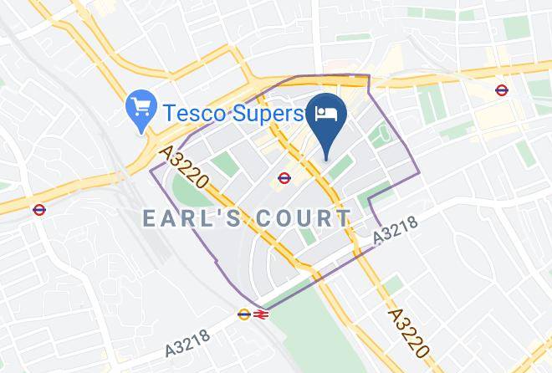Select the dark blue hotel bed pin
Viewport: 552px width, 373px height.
(325, 118)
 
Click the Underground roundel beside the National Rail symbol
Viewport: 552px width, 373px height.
(243, 314)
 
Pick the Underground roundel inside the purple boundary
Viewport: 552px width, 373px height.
(284, 177)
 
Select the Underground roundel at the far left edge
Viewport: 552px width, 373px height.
(38, 209)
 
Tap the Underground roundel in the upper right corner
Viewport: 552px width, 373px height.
(502, 90)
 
